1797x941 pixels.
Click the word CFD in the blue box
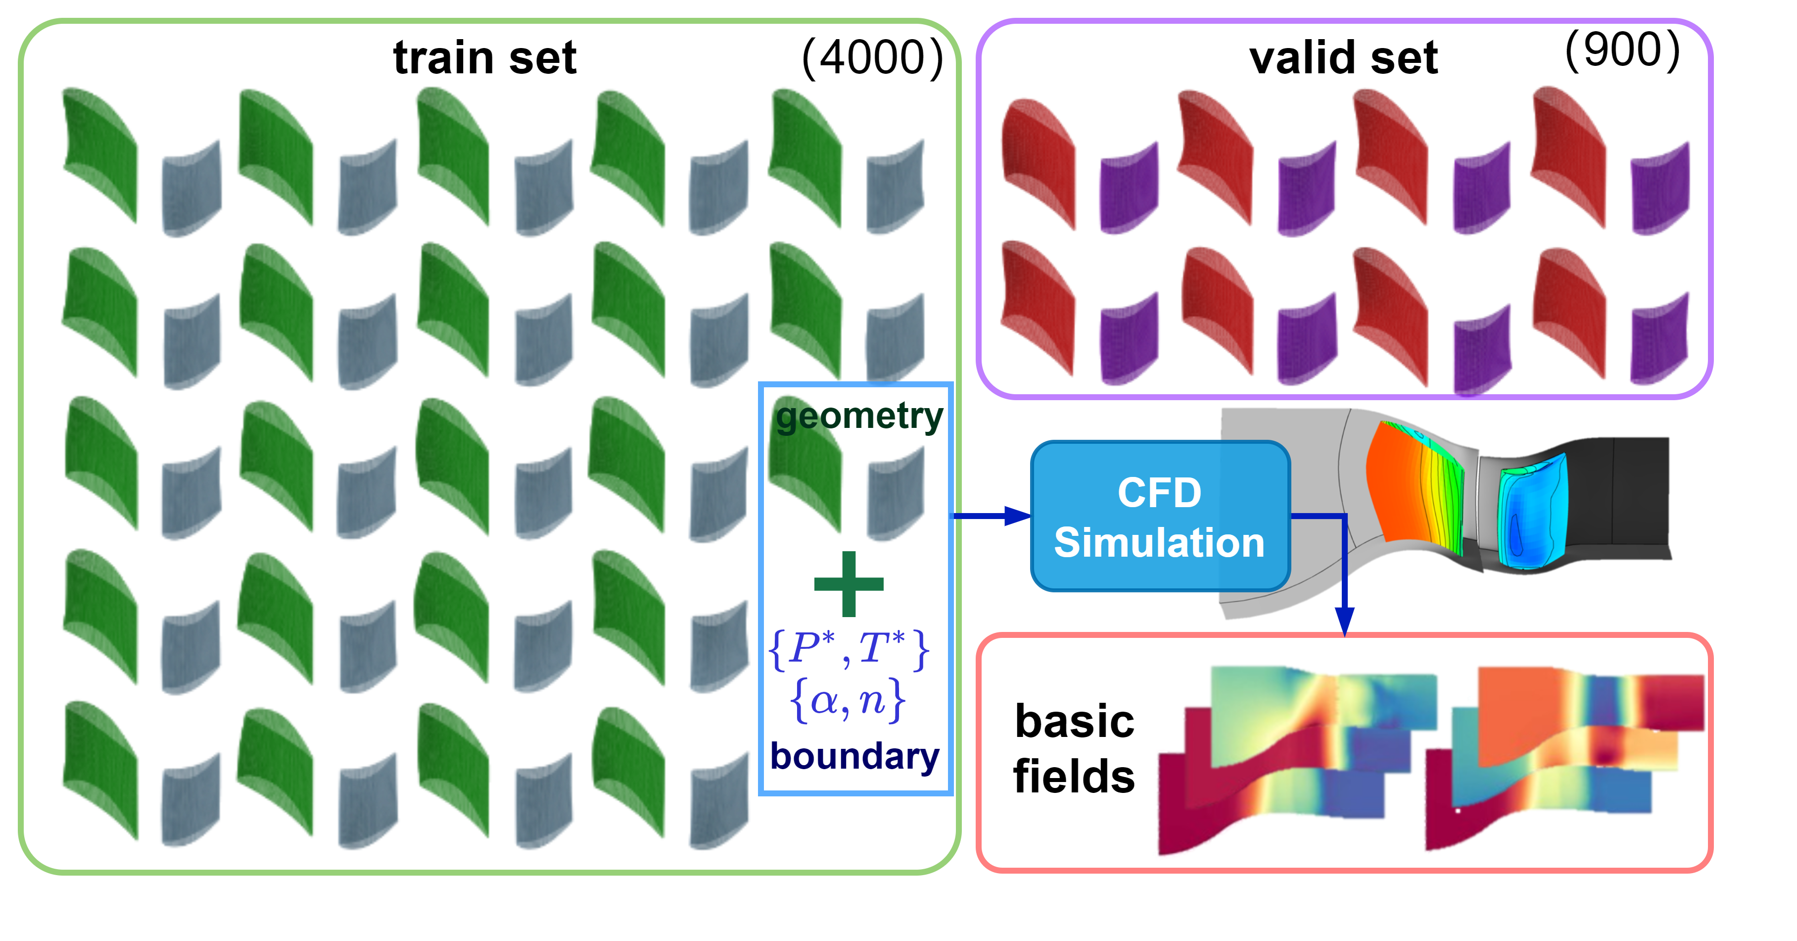pos(1159,493)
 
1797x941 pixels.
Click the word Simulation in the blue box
pos(1159,543)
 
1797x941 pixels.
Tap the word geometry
pos(859,417)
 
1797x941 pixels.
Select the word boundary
pos(855,757)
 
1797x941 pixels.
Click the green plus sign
pos(849,583)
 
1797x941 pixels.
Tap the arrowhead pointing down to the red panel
pos(1344,621)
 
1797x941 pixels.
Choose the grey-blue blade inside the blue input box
pos(896,496)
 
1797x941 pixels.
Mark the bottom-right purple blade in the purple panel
pos(1660,339)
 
